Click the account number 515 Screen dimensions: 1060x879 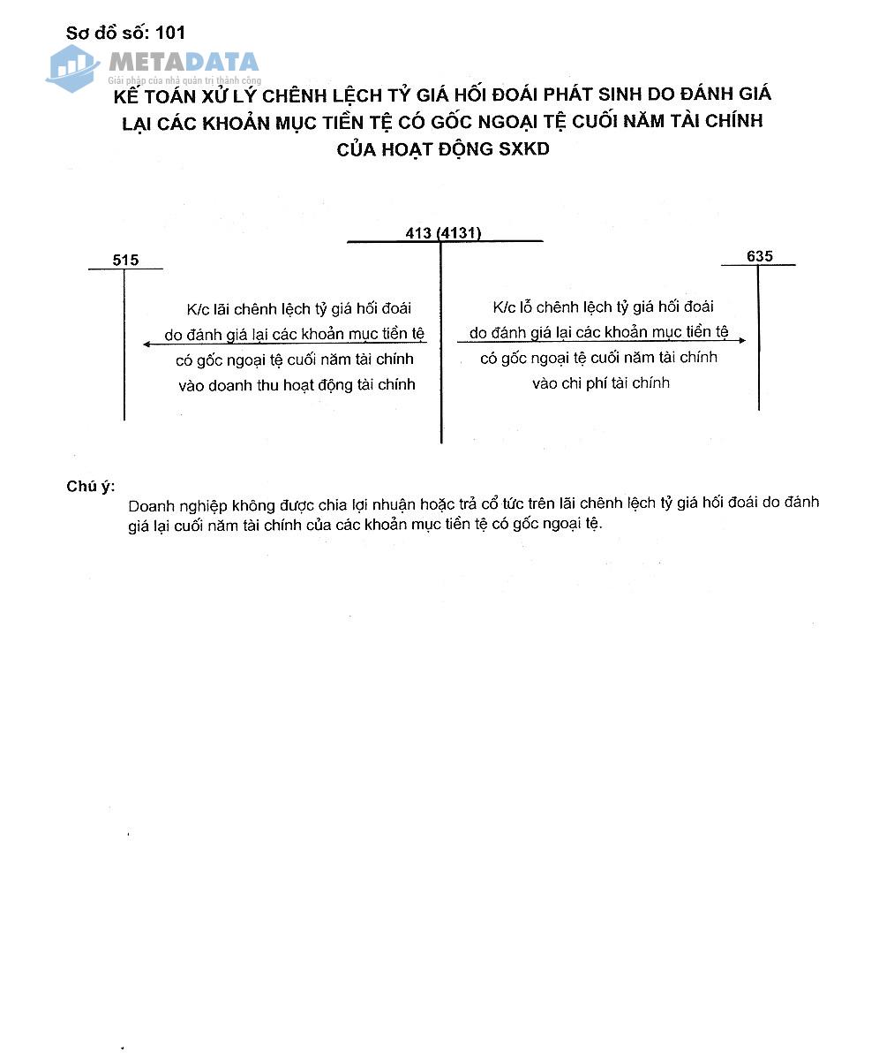(x=125, y=261)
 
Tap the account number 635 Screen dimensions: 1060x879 (x=759, y=256)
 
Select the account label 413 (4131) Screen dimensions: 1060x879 (x=443, y=233)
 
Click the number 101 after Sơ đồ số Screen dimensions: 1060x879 (x=170, y=33)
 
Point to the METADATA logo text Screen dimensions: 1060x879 (x=184, y=62)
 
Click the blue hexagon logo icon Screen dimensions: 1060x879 (x=72, y=67)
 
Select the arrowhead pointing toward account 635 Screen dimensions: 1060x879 (x=741, y=340)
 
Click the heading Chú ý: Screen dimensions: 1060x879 (x=90, y=487)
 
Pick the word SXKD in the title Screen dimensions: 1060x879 (x=523, y=148)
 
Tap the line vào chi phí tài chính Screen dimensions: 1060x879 (x=601, y=382)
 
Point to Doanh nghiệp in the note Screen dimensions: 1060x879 (x=177, y=505)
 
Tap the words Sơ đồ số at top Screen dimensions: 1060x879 (x=106, y=33)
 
